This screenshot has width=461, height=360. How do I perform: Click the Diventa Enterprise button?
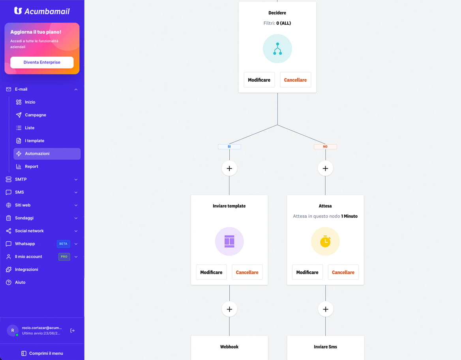[x=42, y=62]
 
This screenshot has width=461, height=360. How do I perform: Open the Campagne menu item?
[x=35, y=115]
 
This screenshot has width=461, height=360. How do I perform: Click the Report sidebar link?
[x=32, y=166]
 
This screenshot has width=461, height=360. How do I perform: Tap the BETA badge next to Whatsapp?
[x=63, y=244]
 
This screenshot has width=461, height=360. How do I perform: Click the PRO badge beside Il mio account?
[x=64, y=257]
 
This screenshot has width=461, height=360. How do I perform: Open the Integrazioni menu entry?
[x=26, y=270]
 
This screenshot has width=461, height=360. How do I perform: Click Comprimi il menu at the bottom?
[x=42, y=353]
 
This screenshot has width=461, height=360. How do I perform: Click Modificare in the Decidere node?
[x=259, y=80]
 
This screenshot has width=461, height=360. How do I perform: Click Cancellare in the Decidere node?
[x=295, y=80]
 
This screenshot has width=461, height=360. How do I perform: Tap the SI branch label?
[x=229, y=147]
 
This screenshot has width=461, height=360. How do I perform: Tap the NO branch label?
[x=325, y=147]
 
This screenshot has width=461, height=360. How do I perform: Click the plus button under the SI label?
[x=229, y=168]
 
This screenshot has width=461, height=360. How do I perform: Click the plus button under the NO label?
[x=325, y=168]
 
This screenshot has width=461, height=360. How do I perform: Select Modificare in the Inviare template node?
[x=212, y=272]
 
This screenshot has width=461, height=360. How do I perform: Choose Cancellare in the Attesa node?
[x=343, y=272]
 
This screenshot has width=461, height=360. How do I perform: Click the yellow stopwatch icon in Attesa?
[x=325, y=241]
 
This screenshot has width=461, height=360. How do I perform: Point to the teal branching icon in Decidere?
[x=277, y=49]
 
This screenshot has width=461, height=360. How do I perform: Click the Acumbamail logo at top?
[x=42, y=11]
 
